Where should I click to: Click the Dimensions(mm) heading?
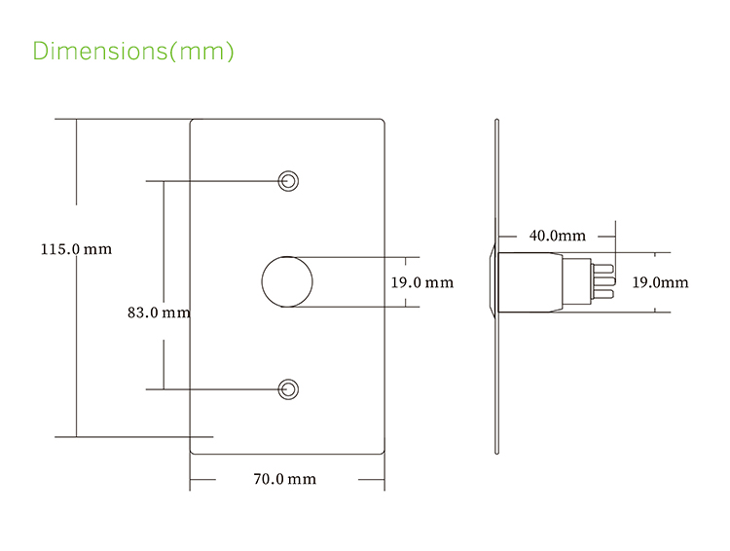click(133, 51)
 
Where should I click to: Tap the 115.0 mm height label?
click(76, 249)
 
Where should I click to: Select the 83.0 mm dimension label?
click(159, 313)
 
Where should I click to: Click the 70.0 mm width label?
click(284, 479)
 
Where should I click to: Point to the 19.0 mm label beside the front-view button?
click(421, 282)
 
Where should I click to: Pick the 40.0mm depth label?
click(557, 236)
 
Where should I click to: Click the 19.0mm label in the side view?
click(660, 282)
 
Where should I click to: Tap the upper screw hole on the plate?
click(288, 181)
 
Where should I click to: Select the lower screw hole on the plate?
click(288, 389)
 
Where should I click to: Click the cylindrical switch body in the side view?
click(531, 282)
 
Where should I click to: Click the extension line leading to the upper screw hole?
click(214, 181)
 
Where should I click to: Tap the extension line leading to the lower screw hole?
click(214, 389)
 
